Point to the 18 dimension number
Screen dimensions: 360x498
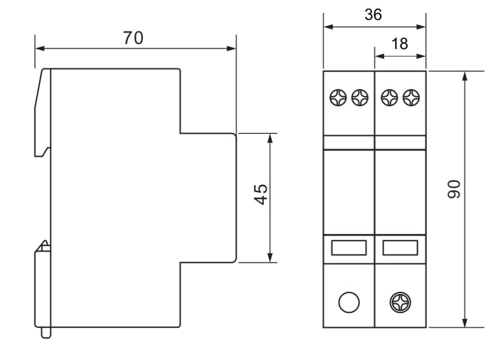point(401,43)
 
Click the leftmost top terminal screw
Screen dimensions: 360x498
point(340,95)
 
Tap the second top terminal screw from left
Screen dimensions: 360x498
point(359,95)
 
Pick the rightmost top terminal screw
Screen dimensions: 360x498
point(410,95)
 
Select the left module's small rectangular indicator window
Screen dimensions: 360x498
point(349,247)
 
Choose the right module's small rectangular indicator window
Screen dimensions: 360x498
point(400,247)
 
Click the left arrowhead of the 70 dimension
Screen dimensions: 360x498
point(38,49)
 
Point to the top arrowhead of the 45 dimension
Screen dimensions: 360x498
point(270,137)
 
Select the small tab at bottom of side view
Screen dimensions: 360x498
point(46,332)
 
